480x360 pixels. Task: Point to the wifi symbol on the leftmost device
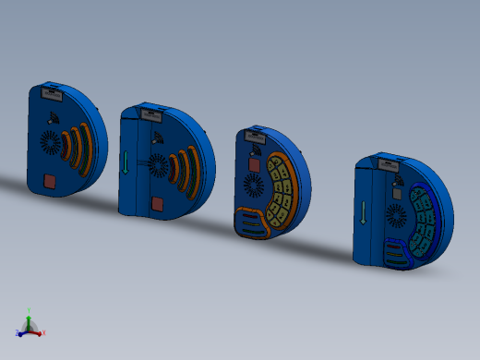[52, 116]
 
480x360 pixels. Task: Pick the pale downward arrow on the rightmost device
[364, 213]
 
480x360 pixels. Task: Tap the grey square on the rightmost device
[397, 194]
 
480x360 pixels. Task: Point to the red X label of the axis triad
[43, 332]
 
